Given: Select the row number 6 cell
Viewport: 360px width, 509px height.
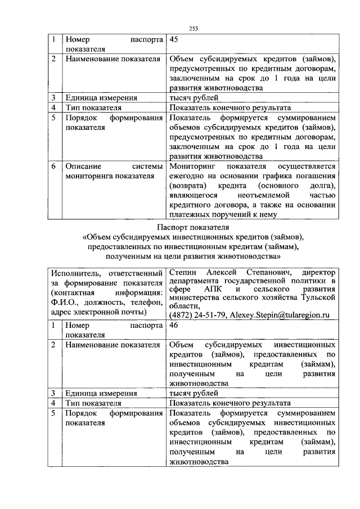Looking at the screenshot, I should click(x=53, y=167).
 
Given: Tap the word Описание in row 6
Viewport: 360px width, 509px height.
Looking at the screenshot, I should click(x=83, y=167).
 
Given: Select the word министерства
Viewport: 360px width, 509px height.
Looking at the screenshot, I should click(x=197, y=298).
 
